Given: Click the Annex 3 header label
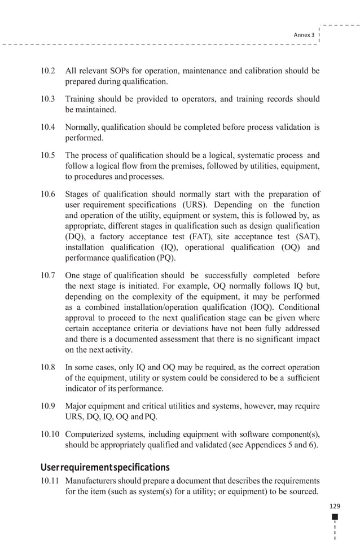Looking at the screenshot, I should (304, 34).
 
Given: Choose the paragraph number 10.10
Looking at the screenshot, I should (50, 434).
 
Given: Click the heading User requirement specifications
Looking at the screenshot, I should (105, 467).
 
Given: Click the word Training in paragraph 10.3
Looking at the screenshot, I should (81, 99).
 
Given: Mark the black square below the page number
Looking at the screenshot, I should (335, 517).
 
